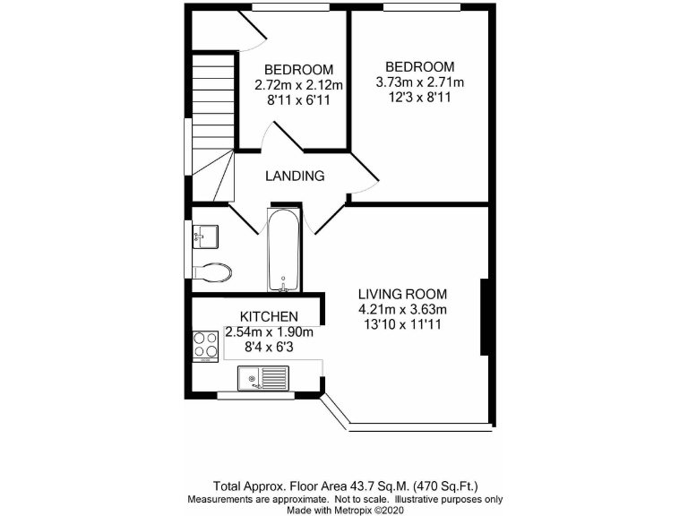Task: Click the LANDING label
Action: (294, 176)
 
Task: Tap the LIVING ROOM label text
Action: (402, 294)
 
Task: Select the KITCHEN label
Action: (268, 316)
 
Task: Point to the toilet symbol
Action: (214, 271)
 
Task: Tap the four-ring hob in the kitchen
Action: (205, 348)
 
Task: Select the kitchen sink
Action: (262, 380)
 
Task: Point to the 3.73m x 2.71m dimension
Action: (420, 83)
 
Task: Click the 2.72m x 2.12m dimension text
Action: (298, 86)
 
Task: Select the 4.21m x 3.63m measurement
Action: (402, 310)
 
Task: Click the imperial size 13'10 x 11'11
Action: (402, 325)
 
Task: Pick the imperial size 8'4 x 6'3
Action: (268, 348)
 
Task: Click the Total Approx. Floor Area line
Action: (344, 479)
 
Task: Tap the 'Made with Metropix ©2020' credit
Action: (344, 509)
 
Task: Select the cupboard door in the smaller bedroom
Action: (253, 30)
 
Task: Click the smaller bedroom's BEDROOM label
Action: (298, 70)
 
